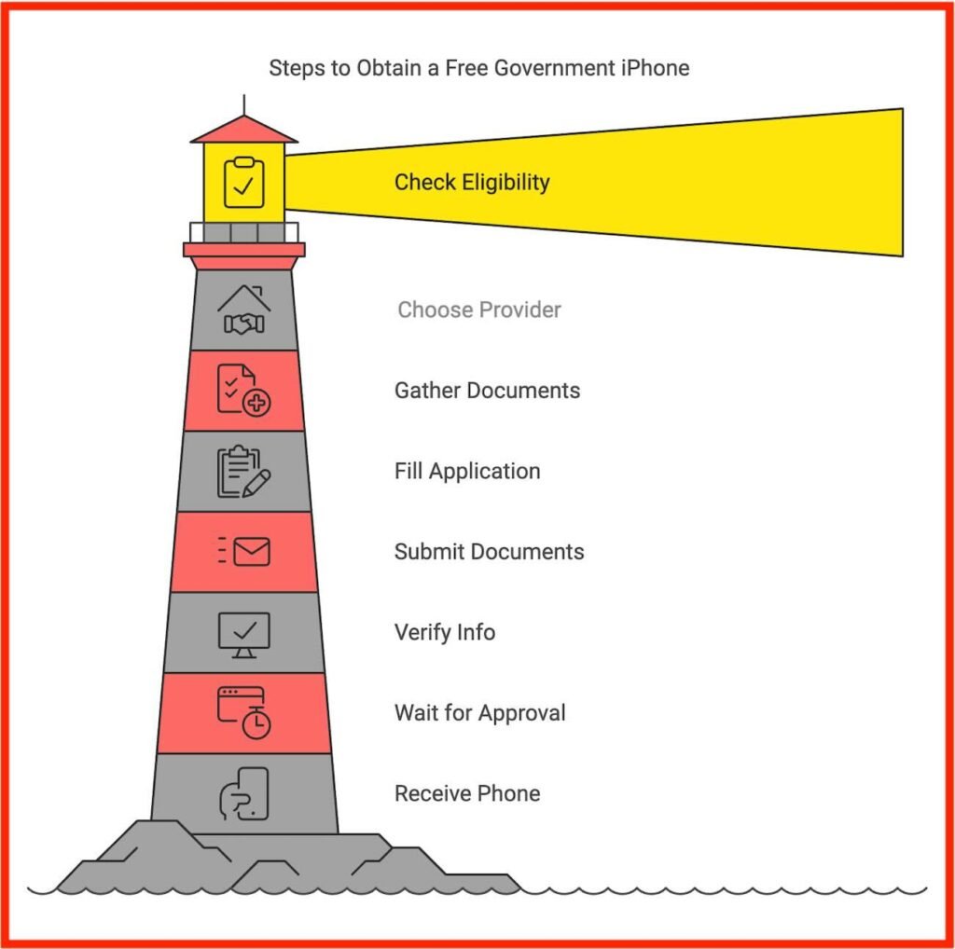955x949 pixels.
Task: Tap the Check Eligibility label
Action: (x=472, y=182)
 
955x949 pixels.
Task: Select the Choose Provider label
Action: (x=479, y=309)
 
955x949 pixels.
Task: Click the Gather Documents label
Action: (x=487, y=391)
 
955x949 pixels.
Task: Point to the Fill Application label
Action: (x=467, y=471)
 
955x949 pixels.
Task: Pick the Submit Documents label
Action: (x=489, y=552)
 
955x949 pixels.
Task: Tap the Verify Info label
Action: (x=445, y=632)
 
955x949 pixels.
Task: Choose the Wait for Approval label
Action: (x=480, y=713)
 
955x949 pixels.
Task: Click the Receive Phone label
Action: (x=467, y=793)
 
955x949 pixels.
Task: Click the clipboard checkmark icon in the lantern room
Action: (x=243, y=183)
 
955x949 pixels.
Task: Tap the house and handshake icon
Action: (x=243, y=309)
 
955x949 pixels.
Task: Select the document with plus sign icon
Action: (x=243, y=391)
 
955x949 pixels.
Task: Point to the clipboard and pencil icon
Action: (x=243, y=471)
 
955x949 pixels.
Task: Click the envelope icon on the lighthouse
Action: (x=243, y=552)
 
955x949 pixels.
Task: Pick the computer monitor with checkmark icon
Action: (x=243, y=635)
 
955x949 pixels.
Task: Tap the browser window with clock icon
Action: (x=243, y=713)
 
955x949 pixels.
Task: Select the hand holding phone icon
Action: (x=243, y=793)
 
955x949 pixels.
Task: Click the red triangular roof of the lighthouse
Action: (x=244, y=131)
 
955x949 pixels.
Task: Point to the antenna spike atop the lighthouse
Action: (x=244, y=104)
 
